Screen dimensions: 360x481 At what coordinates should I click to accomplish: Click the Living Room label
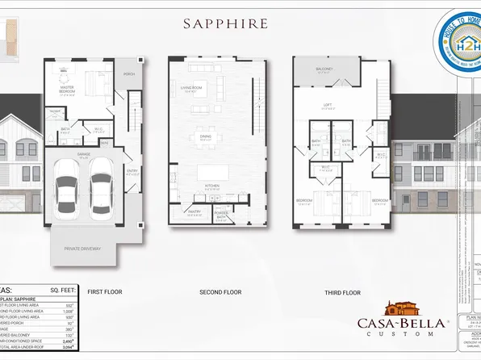coord(191,89)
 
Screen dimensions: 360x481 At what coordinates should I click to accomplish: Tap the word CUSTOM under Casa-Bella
coord(402,333)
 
